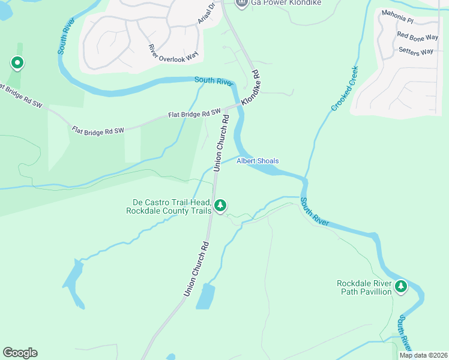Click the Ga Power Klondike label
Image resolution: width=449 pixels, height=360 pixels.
click(286, 3)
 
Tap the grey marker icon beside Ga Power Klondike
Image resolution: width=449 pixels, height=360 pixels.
click(241, 4)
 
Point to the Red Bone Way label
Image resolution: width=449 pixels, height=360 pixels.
click(417, 37)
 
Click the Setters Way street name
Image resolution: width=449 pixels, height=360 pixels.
click(415, 51)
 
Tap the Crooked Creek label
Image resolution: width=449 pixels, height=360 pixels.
click(345, 88)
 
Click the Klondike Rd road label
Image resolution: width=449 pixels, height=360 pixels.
click(251, 88)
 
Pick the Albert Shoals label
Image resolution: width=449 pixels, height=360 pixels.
click(258, 161)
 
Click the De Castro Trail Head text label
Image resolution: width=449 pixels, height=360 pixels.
click(169, 206)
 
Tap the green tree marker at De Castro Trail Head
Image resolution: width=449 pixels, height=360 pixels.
click(220, 206)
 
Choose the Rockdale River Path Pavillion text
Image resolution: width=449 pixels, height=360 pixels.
click(364, 287)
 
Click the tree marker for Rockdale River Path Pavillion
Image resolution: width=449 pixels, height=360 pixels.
click(401, 287)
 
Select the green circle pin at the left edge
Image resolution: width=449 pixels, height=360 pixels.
click(17, 62)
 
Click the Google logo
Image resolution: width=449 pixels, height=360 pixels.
click(20, 353)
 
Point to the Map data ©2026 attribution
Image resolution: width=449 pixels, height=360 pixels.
click(423, 355)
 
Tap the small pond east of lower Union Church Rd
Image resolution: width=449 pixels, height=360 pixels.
click(205, 296)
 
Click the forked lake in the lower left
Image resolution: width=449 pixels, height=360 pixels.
click(71, 282)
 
